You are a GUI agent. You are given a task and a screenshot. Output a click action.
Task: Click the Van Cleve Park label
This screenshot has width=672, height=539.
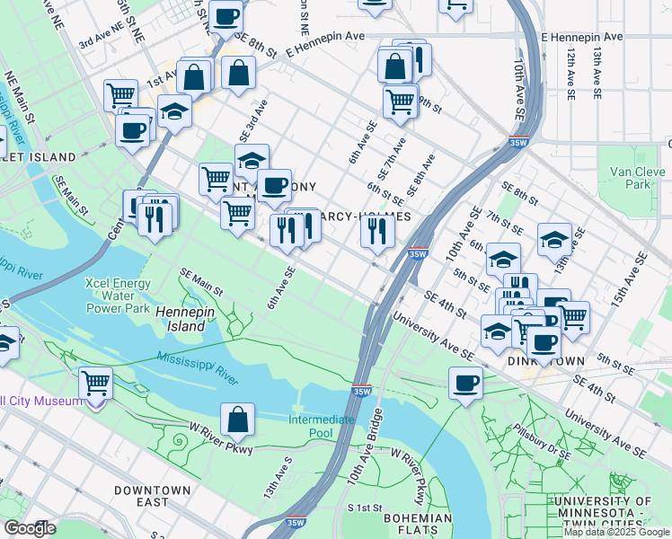pos(629,178)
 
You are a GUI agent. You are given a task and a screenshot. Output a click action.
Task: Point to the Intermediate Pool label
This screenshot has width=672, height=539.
pos(322,426)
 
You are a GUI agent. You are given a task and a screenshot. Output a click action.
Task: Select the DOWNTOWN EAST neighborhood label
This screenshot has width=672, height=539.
pos(152,497)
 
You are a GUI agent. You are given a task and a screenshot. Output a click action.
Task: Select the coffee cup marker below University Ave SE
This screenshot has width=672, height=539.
pos(465,384)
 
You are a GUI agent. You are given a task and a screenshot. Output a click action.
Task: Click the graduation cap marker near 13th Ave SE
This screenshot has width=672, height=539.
pos(554,239)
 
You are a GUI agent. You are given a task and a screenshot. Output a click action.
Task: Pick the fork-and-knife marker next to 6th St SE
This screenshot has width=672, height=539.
pos(377,231)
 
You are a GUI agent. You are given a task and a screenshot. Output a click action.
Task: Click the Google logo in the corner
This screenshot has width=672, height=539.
pos(30,528)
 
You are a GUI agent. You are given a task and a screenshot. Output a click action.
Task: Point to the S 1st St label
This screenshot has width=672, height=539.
pos(366,508)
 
